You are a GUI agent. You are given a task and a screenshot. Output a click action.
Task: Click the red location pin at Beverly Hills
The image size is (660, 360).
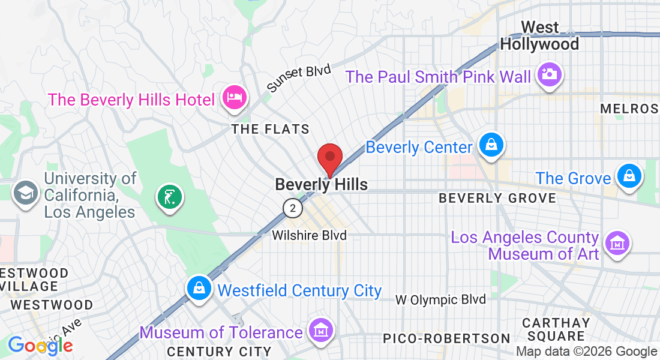[x=329, y=158]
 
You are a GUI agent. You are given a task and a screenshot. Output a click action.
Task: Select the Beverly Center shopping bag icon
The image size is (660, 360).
[x=491, y=145]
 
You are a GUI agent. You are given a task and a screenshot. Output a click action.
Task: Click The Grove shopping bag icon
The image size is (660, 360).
[x=629, y=177]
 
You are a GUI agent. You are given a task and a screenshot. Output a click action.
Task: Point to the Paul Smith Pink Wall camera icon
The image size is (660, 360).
[x=548, y=75]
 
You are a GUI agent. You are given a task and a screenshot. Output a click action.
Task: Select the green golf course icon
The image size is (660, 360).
[x=169, y=196]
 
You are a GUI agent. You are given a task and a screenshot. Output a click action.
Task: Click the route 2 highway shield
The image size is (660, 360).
[x=292, y=208]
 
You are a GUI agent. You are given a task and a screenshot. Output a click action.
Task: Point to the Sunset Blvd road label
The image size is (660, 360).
[x=299, y=79]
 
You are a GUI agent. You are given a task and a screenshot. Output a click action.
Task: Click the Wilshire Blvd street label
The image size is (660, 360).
[x=309, y=235]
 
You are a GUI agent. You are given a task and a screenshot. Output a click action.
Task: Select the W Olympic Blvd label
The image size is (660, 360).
[x=441, y=299]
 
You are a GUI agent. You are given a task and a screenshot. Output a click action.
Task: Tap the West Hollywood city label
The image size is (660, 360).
[x=539, y=36]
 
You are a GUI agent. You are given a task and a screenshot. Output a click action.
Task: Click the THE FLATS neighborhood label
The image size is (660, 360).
[x=271, y=129]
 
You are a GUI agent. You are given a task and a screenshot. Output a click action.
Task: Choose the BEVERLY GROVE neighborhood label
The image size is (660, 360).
[x=497, y=198]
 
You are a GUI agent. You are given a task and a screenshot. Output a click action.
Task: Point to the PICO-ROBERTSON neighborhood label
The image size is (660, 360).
[x=446, y=338]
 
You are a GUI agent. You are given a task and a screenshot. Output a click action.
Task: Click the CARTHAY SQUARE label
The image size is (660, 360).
[x=556, y=329]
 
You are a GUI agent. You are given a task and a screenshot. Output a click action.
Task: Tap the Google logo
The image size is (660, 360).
[x=40, y=345]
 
